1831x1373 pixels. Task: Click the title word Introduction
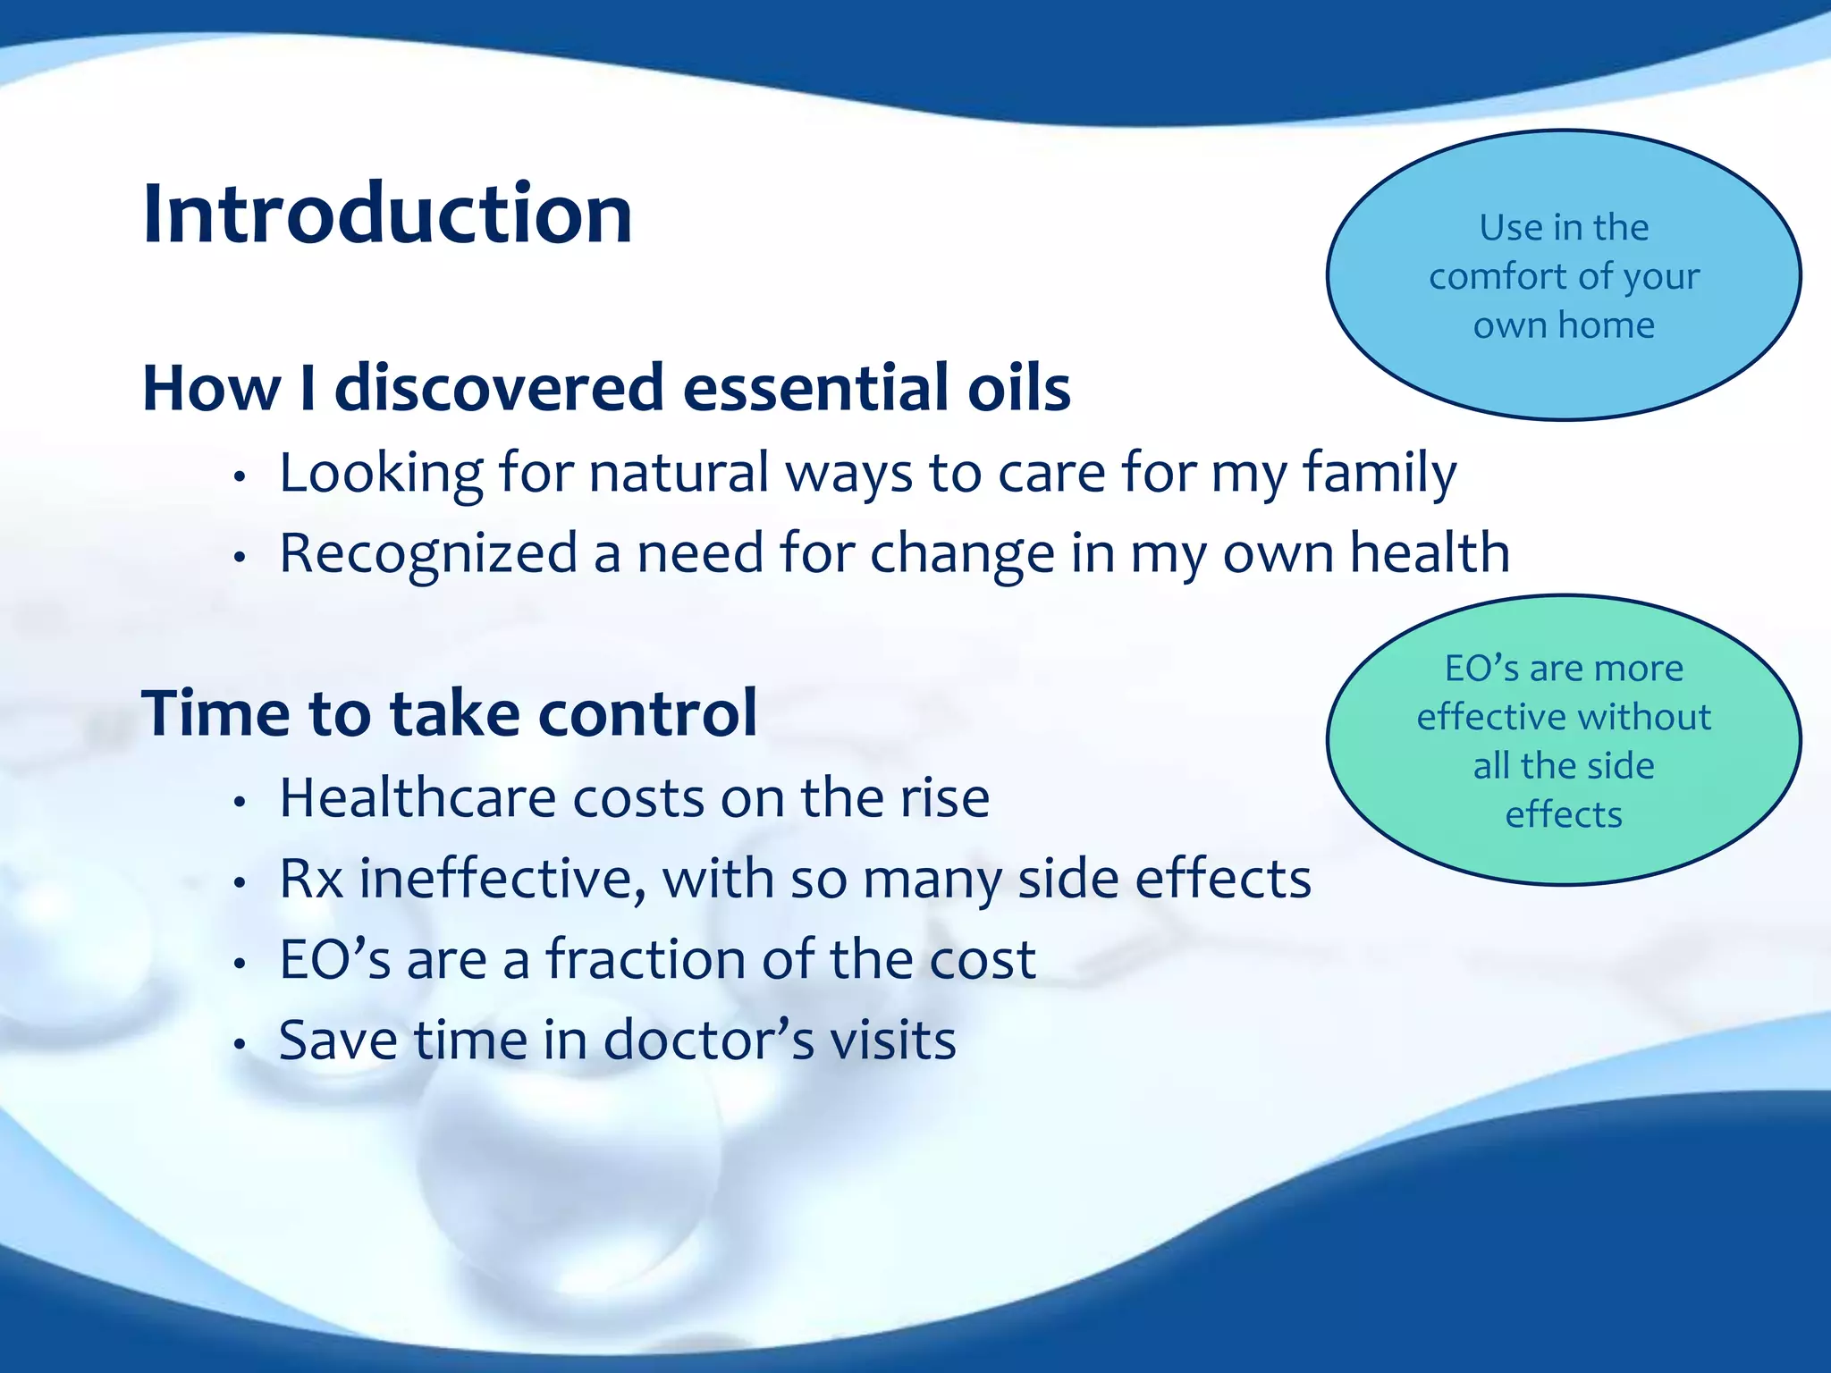pos(387,215)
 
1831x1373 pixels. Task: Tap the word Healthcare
pos(418,797)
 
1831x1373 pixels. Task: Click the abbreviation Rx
pos(311,879)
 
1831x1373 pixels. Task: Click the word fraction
pos(645,959)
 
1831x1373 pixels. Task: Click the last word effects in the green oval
pos(1564,814)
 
